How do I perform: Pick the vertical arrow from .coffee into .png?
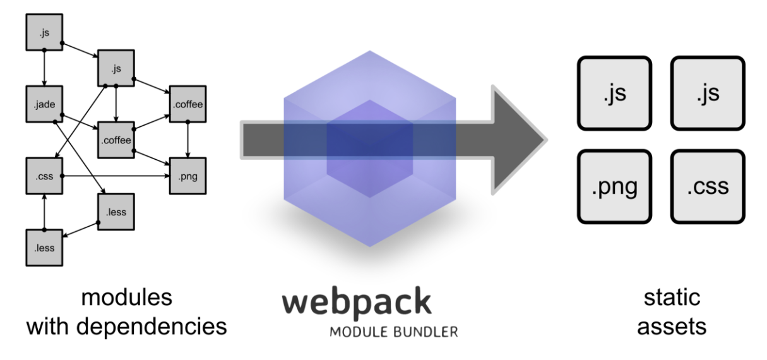(188, 140)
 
